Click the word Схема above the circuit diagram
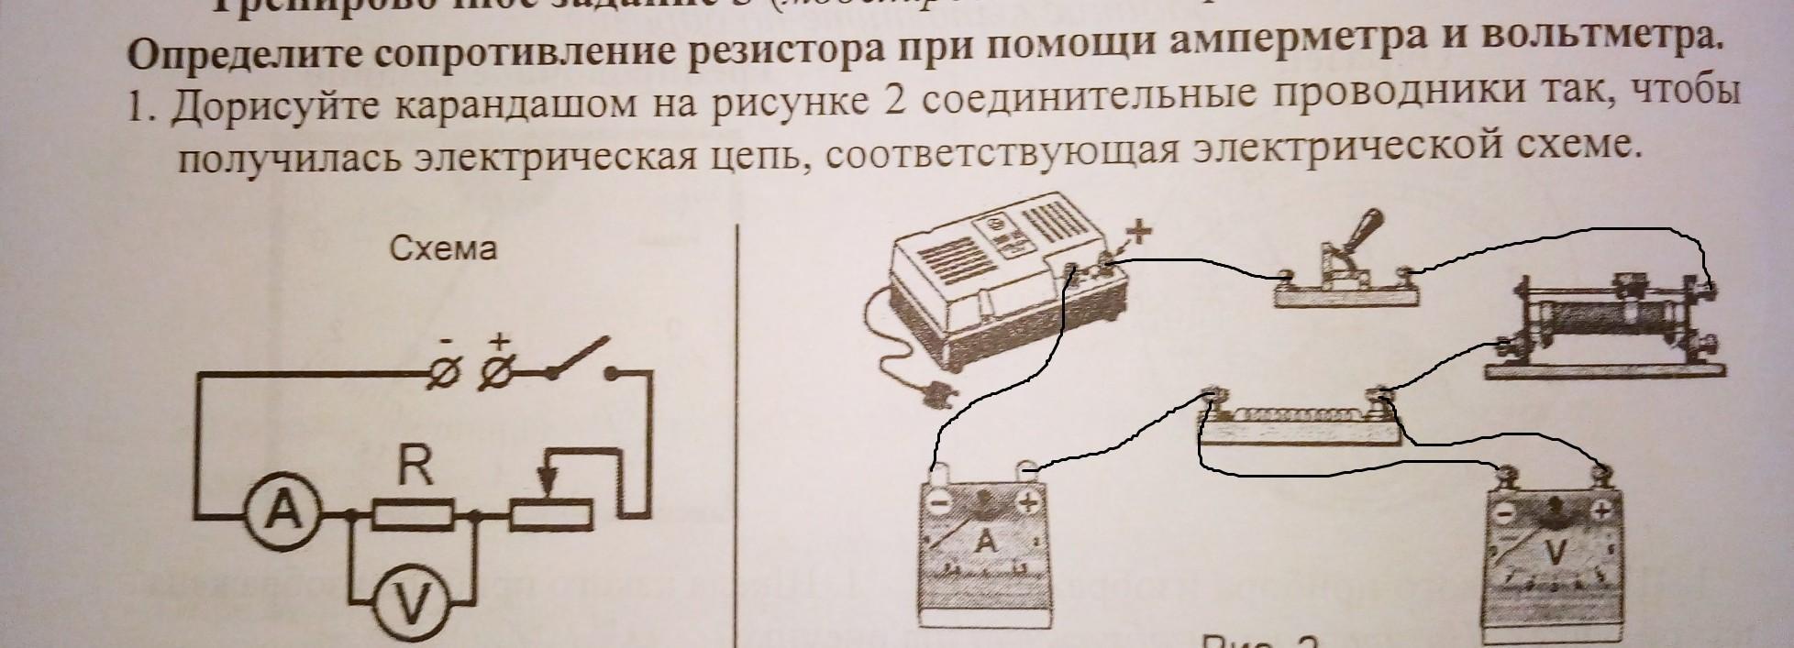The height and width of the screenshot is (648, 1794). [443, 248]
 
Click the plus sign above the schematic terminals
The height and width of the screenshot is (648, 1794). [498, 341]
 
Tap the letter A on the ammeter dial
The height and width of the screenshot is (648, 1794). [986, 542]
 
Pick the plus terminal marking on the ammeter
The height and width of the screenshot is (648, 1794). [1027, 502]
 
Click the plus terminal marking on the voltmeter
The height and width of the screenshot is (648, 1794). [1601, 511]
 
